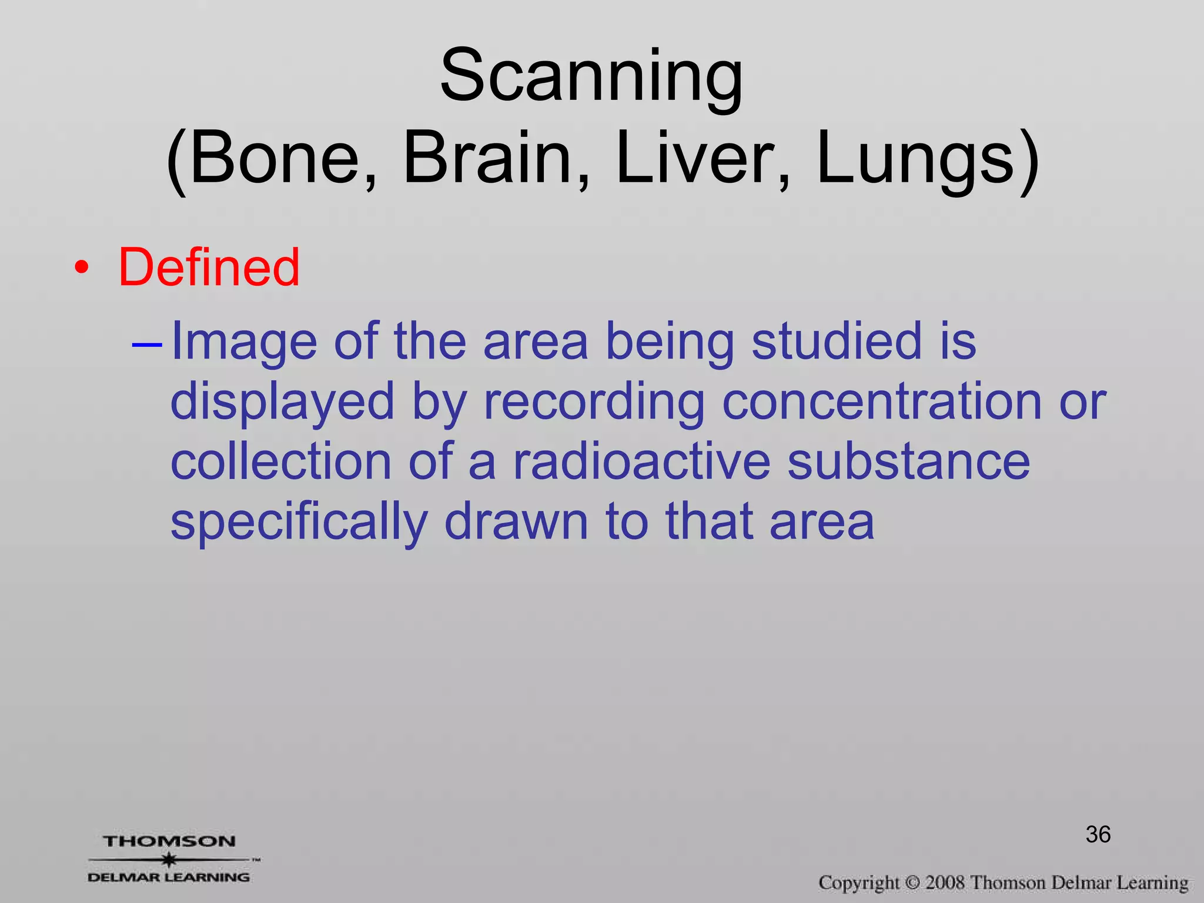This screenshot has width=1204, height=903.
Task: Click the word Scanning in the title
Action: (x=591, y=76)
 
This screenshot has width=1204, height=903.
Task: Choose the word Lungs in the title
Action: (x=916, y=159)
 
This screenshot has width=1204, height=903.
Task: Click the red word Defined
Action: (x=209, y=267)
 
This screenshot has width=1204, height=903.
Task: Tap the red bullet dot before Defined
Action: (x=82, y=269)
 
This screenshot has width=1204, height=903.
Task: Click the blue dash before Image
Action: (x=146, y=344)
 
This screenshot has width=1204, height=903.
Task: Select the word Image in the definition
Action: (x=243, y=343)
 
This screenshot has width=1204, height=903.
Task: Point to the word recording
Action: (x=594, y=403)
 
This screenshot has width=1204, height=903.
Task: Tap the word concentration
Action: (x=881, y=402)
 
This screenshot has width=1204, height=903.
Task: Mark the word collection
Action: (x=281, y=462)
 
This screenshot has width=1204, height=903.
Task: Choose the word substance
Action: (x=908, y=462)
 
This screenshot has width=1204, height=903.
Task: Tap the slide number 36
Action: (x=1098, y=834)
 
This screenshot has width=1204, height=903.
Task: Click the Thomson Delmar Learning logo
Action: (x=169, y=859)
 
